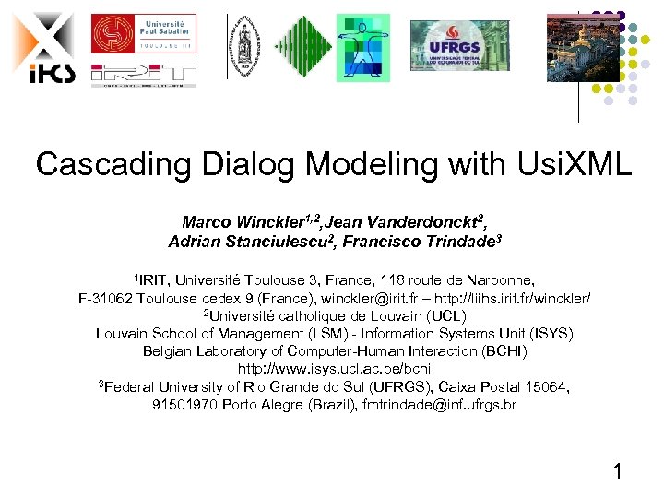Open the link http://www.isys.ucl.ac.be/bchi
coord(334,369)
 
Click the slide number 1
coord(617,474)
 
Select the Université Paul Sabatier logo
coord(143,35)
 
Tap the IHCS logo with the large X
coord(41,46)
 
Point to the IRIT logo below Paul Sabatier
coord(143,75)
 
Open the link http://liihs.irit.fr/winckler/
coord(517,299)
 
